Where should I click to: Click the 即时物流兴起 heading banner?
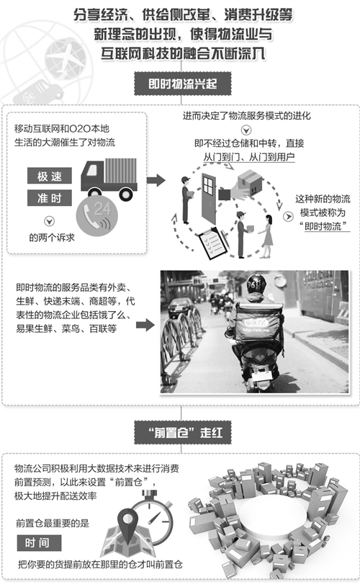pyautogui.click(x=183, y=83)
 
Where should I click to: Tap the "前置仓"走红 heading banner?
pyautogui.click(x=183, y=433)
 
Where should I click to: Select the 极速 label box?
pyautogui.click(x=50, y=176)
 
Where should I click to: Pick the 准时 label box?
pyautogui.click(x=50, y=197)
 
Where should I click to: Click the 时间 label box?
pyautogui.click(x=39, y=543)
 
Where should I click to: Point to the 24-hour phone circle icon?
pyautogui.click(x=97, y=215)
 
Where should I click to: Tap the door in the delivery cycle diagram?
pyautogui.click(x=209, y=198)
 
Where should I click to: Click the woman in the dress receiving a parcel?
pyautogui.click(x=266, y=236)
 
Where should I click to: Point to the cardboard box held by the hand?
pyautogui.click(x=250, y=182)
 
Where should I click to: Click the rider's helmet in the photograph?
pyautogui.click(x=256, y=284)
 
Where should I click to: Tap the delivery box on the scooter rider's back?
pyautogui.click(x=258, y=323)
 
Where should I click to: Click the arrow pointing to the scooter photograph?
pyautogui.click(x=145, y=325)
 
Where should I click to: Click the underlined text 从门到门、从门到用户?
pyautogui.click(x=249, y=157)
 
